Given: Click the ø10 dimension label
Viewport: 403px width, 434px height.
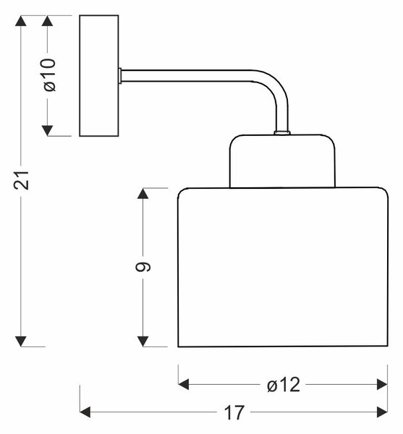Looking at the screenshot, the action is (50, 75).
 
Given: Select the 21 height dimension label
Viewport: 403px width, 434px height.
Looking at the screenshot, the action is (21, 180).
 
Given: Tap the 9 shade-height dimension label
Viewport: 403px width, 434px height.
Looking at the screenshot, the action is (143, 266).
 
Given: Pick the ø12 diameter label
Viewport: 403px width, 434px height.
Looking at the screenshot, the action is (284, 385).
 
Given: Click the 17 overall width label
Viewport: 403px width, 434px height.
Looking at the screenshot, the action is (234, 412).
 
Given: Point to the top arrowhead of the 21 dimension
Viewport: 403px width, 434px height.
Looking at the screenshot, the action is (21, 21).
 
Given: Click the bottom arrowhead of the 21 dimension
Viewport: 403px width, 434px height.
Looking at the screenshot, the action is (21, 341).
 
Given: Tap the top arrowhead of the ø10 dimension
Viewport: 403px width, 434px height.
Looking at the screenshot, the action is (47, 21).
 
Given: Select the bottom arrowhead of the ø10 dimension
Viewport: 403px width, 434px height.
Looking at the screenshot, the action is (47, 131).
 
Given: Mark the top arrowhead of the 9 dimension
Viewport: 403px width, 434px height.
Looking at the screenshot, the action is (143, 193).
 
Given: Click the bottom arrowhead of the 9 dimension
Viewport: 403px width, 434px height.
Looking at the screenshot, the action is (143, 341).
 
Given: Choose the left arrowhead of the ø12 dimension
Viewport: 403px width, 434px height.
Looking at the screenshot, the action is (184, 385).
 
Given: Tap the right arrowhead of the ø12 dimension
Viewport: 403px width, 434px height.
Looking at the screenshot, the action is (382, 385).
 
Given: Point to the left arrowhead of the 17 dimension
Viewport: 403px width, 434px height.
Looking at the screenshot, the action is (85, 412).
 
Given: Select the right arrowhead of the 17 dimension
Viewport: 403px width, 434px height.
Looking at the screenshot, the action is (382, 412).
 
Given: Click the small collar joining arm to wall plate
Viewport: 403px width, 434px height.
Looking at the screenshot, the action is (120, 75).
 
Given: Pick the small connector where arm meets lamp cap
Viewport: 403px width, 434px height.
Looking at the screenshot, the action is (282, 133).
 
